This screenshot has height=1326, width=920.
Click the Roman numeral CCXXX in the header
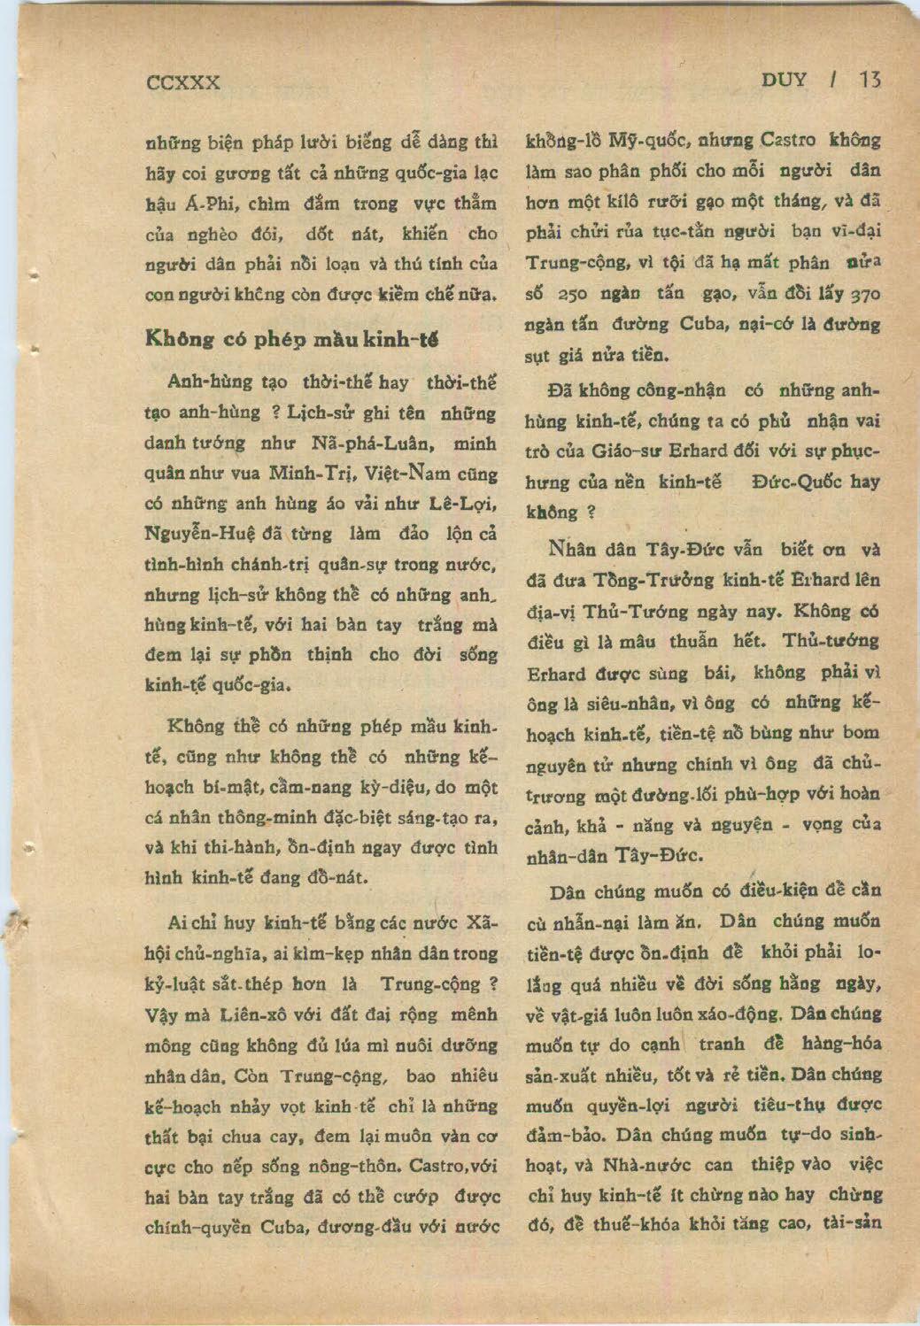(183, 82)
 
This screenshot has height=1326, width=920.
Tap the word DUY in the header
(785, 80)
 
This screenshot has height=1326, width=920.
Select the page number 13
(870, 80)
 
